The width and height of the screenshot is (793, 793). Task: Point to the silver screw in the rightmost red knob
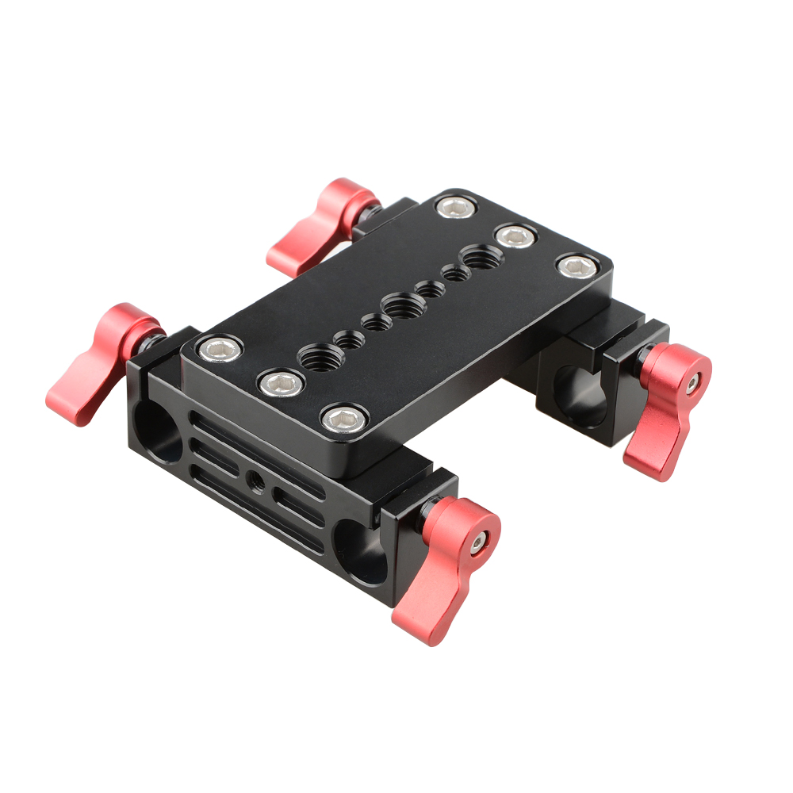[692, 383]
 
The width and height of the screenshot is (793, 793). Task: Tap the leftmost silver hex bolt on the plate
[216, 347]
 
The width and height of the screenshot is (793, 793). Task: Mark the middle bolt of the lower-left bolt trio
[282, 385]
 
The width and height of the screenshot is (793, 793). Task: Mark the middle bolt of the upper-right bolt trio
[515, 236]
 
